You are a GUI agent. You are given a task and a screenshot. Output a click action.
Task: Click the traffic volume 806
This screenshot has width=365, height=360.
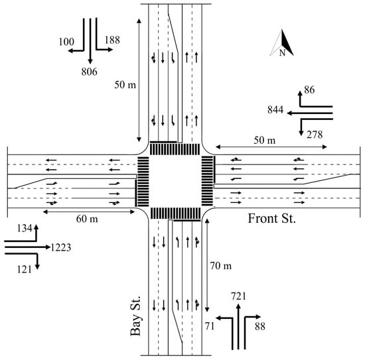pyautogui.click(x=90, y=72)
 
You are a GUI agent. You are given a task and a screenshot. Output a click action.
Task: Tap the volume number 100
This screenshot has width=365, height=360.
pyautogui.click(x=66, y=42)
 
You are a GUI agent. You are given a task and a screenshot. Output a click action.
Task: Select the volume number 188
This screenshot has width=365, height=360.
pyautogui.click(x=112, y=40)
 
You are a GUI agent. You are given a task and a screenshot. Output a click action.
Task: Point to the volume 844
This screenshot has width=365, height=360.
pyautogui.click(x=275, y=110)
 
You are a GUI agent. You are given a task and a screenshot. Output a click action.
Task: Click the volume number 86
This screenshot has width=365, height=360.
pyautogui.click(x=310, y=90)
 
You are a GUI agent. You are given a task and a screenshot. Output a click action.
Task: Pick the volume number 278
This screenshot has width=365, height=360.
pyautogui.click(x=315, y=135)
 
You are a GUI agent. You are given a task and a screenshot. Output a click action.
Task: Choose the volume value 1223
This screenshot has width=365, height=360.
pyautogui.click(x=61, y=247)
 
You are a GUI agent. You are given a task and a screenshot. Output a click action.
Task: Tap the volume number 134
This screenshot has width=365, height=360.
pyautogui.click(x=25, y=228)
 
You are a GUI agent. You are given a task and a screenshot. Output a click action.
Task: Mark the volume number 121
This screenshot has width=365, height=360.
pyautogui.click(x=25, y=270)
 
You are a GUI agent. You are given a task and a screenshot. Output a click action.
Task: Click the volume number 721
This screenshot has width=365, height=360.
pyautogui.click(x=239, y=296)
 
